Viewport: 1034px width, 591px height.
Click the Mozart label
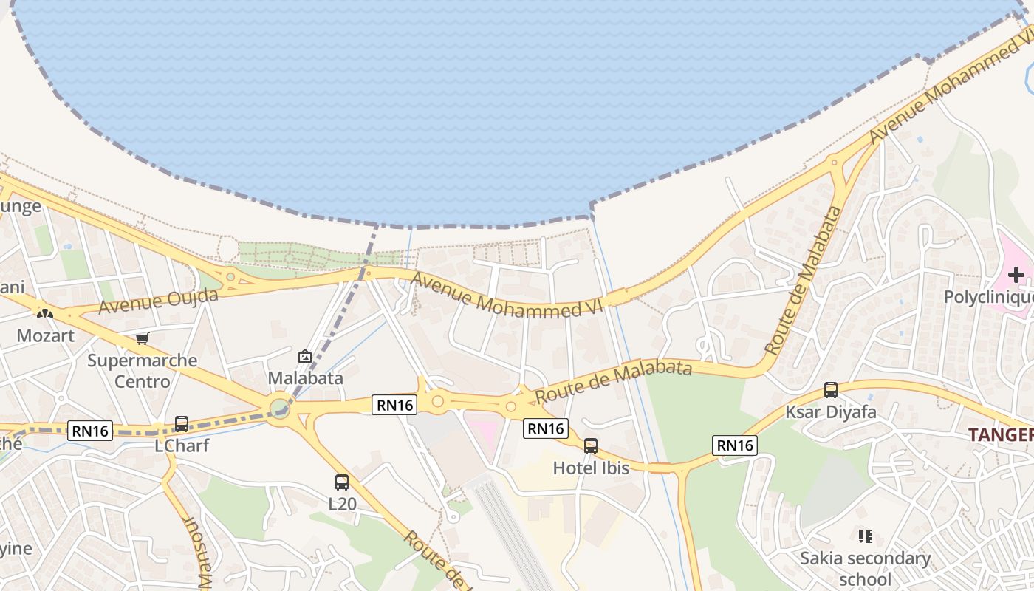[46, 336]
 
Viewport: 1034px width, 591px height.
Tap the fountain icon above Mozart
[45, 313]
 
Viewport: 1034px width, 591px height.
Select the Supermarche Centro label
[143, 371]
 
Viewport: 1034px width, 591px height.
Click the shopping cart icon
[142, 338]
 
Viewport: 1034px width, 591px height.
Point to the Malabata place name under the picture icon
[305, 378]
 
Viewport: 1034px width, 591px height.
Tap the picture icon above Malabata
[304, 357]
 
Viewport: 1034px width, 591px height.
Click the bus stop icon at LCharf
[182, 424]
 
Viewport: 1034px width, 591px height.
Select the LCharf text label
[182, 445]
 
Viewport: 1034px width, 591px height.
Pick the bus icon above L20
[341, 482]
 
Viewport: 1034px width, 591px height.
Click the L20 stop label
[343, 505]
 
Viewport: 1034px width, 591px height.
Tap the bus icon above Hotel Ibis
[591, 446]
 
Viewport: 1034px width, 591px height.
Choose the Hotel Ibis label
[591, 468]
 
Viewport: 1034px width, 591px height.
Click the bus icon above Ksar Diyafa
[831, 390]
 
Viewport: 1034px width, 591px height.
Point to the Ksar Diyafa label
[831, 411]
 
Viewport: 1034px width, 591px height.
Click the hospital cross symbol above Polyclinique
[1016, 275]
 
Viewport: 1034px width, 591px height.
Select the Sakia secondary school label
[865, 568]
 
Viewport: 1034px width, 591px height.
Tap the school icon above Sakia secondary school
[865, 536]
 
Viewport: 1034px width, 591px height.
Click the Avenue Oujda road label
[159, 301]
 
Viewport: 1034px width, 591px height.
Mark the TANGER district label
[1001, 434]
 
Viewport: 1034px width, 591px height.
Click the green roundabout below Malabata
[279, 408]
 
